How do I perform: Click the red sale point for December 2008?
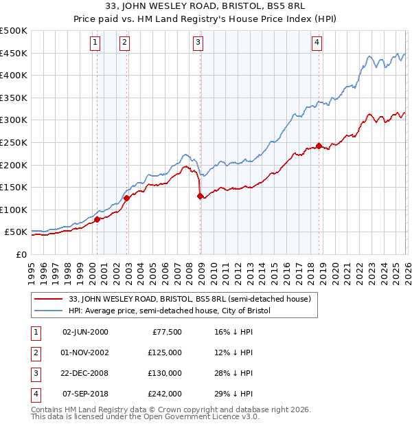click(201, 197)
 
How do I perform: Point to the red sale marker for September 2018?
click(319, 146)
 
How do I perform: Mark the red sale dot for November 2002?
click(126, 199)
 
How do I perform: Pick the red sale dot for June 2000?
click(97, 220)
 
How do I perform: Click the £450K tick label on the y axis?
click(13, 54)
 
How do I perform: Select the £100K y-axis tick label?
click(13, 210)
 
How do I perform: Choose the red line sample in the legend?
click(49, 299)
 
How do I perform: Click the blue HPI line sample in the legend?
click(49, 311)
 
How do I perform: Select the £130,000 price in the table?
click(165, 373)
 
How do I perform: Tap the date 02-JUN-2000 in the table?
click(85, 332)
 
